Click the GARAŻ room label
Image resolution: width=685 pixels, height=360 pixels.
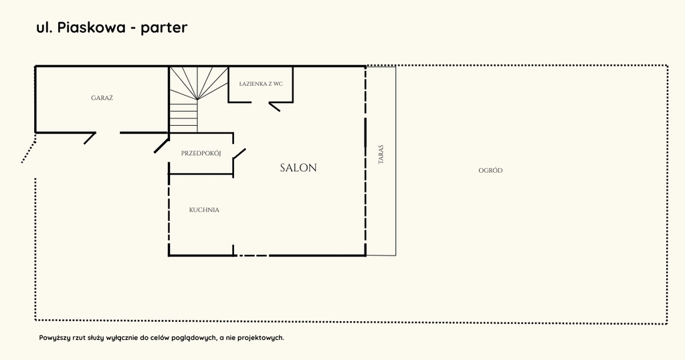pyautogui.click(x=102, y=98)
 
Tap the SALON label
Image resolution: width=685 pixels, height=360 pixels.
pyautogui.click(x=298, y=168)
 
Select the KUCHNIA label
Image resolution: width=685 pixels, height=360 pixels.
pyautogui.click(x=204, y=210)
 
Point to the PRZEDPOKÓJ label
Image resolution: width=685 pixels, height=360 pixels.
pyautogui.click(x=201, y=153)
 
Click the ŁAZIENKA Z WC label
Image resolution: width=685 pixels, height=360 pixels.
pyautogui.click(x=261, y=84)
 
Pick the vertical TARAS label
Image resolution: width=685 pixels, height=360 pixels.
pyautogui.click(x=381, y=155)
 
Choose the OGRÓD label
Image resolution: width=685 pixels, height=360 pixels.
pyautogui.click(x=490, y=171)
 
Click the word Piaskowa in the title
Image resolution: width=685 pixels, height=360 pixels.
pyautogui.click(x=92, y=27)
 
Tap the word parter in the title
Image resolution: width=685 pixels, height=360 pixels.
pyautogui.click(x=165, y=28)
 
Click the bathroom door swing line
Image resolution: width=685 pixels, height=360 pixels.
pyautogui.click(x=274, y=107)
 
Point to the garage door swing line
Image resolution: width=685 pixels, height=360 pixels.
pyautogui.click(x=90, y=138)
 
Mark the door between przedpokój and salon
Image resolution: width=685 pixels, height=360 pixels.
pyautogui.click(x=239, y=155)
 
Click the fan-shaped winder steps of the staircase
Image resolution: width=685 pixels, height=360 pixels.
pyautogui.click(x=199, y=83)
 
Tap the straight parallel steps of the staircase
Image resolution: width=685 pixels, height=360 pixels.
pyautogui.click(x=183, y=116)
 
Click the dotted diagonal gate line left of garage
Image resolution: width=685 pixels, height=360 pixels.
pyautogui.click(x=28, y=148)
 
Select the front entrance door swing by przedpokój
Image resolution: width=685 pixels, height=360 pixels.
pyautogui.click(x=161, y=145)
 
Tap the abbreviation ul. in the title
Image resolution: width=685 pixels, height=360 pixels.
pyautogui.click(x=45, y=27)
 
